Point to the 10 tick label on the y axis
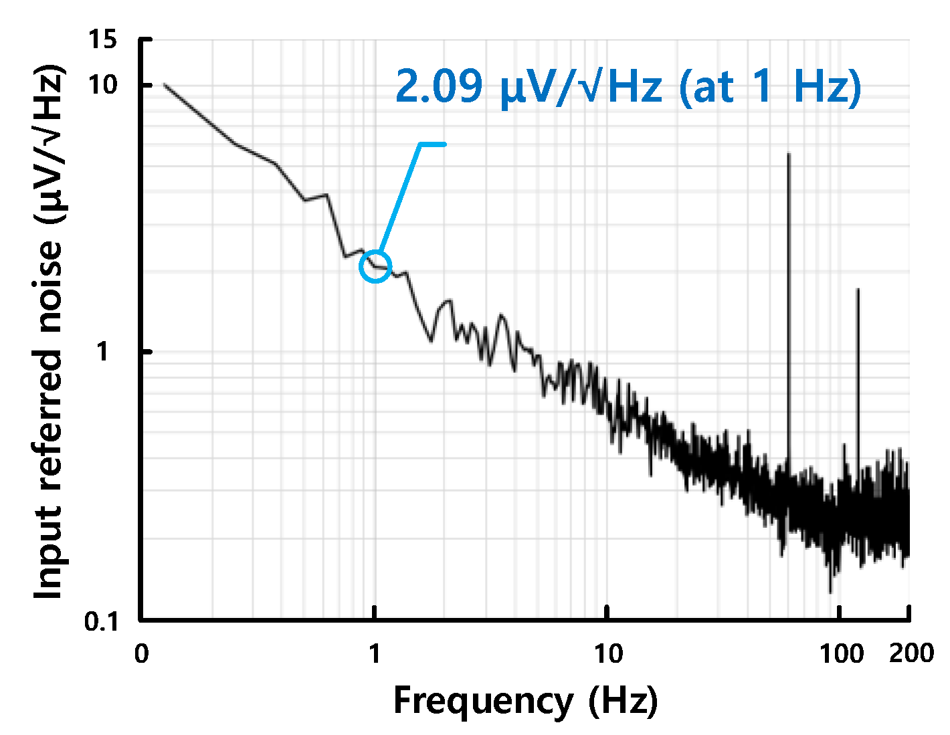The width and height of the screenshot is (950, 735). coord(102,86)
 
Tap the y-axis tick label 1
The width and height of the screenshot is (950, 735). coord(102,352)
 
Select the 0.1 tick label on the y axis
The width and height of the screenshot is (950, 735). coord(101,621)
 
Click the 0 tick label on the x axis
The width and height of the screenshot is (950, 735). coord(141,653)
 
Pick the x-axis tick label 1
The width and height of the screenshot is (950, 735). coord(375,653)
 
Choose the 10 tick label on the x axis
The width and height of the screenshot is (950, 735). coord(607,653)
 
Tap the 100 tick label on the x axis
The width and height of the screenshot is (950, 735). coord(841,653)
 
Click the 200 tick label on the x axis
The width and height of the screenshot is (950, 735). coord(911,653)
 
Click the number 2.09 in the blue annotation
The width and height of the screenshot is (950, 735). coord(439,86)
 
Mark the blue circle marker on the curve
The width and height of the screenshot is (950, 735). coord(375,267)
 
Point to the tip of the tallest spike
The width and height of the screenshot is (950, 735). coord(789,154)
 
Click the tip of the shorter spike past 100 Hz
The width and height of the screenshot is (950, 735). coord(858,290)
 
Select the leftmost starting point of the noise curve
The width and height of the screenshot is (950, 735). coord(164,85)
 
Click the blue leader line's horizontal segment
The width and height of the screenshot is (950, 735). coord(432,144)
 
